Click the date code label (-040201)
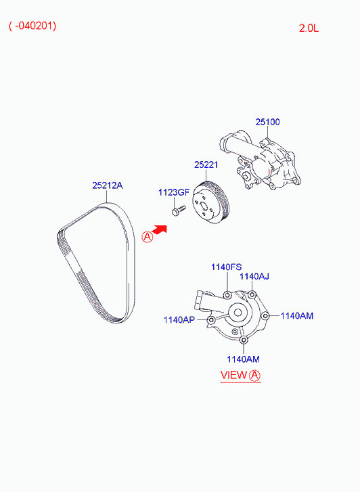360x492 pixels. point(32,26)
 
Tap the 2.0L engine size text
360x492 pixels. point(309,28)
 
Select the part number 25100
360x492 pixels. point(267,122)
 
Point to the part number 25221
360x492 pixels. point(206,164)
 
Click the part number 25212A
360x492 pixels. point(108,185)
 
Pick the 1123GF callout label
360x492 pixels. point(174,192)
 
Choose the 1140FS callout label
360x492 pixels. point(226,267)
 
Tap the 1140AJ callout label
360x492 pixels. point(254,276)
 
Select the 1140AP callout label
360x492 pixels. point(179,319)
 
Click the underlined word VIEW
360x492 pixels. point(233,375)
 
